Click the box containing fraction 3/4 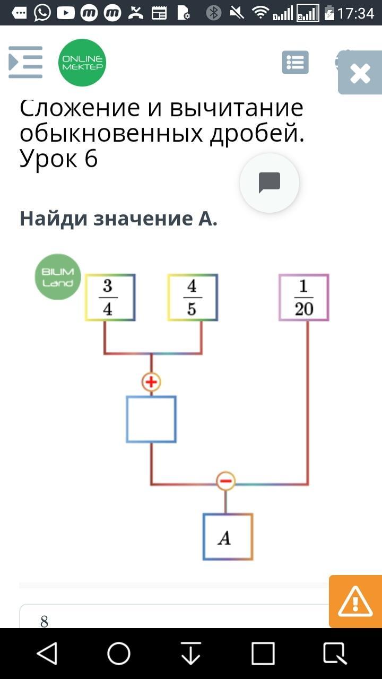110,298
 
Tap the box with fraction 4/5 193,298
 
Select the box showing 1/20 304,298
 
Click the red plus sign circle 151,381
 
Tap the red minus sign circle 225,481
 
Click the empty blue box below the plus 151,419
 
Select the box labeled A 228,537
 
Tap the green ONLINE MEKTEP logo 82,63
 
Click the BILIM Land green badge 58,277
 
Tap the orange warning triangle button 355,602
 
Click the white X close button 360,74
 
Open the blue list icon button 295,63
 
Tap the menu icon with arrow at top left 25,63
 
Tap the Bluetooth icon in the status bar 214,13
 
